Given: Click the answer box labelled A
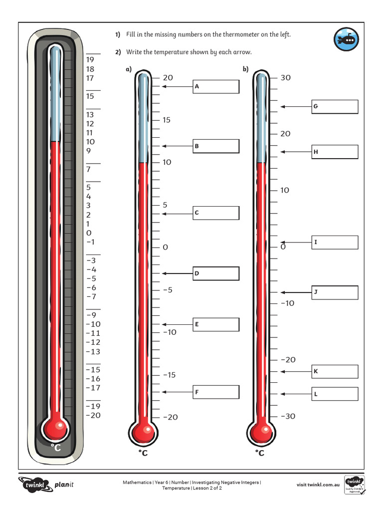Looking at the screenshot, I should coord(216,87).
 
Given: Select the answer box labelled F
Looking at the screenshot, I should coord(216,393).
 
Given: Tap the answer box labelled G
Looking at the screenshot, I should coord(335,107).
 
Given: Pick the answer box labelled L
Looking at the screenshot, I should coord(335,394).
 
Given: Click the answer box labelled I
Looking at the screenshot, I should coord(335,243).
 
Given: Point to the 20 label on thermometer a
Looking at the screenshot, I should coord(168,78).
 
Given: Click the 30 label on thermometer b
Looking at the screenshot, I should coord(285,78).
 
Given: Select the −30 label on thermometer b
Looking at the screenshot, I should coord(288,417).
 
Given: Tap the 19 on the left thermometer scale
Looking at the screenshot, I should coord(90,60).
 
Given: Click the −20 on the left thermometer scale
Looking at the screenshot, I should coord(93,415).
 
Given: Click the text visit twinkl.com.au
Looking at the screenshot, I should coord(318,485).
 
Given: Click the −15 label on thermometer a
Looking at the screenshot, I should coord(169,375).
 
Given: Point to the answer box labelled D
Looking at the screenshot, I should coord(216,273).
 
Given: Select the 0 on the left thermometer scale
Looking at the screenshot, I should coord(89,233).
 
